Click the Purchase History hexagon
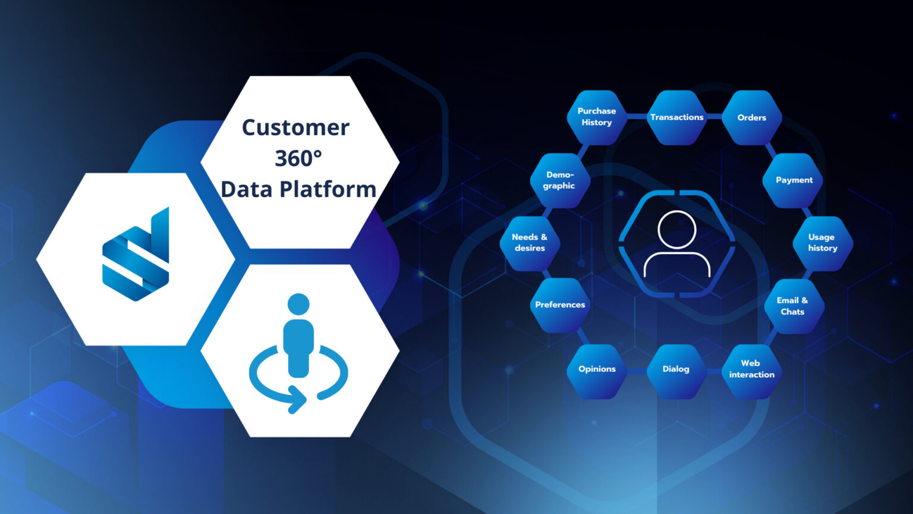(597, 117)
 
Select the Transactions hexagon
(676, 117)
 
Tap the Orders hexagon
(752, 118)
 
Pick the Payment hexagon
(794, 180)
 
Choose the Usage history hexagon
(823, 243)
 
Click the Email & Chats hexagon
(793, 306)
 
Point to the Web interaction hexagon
(751, 369)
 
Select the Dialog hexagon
(676, 369)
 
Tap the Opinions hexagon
(597, 369)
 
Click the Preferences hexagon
(560, 305)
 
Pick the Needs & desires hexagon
(530, 243)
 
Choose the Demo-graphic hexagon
(559, 180)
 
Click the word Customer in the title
(295, 127)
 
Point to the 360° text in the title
(298, 158)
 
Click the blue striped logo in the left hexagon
(136, 255)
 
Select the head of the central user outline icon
(677, 230)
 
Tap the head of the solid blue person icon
(298, 304)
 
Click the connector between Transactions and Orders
(714, 117)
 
